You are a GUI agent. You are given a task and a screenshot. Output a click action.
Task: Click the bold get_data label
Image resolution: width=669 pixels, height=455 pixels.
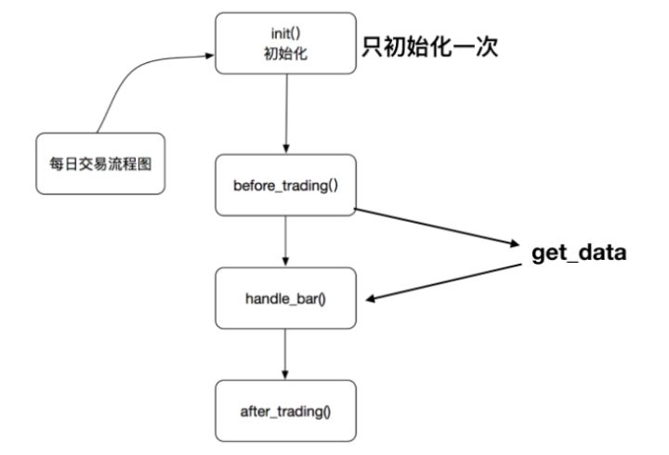click(579, 253)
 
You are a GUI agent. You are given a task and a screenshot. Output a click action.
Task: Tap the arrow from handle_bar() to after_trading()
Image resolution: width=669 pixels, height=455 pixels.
click(285, 353)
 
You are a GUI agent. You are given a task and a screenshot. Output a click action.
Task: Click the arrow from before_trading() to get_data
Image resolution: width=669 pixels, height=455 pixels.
click(437, 227)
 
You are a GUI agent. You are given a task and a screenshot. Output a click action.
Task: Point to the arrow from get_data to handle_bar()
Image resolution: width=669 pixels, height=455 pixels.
click(446, 281)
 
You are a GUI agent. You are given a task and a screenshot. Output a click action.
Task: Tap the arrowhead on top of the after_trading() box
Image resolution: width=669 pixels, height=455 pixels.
click(285, 375)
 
